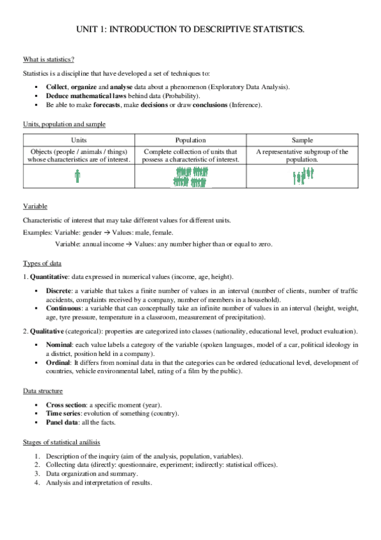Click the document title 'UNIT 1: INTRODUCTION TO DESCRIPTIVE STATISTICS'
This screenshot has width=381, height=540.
tap(190, 29)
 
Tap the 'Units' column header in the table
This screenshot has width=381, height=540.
tap(77, 140)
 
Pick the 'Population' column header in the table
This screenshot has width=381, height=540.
tap(190, 140)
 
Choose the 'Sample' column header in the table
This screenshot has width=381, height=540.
tap(302, 140)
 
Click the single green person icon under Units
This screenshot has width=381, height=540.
tap(77, 176)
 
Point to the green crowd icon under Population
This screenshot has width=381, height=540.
tap(191, 176)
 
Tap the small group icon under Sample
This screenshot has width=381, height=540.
tap(303, 176)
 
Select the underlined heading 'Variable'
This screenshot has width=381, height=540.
tap(35, 207)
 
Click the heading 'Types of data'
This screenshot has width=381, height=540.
tap(42, 264)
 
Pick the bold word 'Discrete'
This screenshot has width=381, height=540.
tap(59, 291)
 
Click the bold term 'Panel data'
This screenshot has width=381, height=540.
tap(63, 422)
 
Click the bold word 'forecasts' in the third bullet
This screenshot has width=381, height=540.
tap(111, 104)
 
